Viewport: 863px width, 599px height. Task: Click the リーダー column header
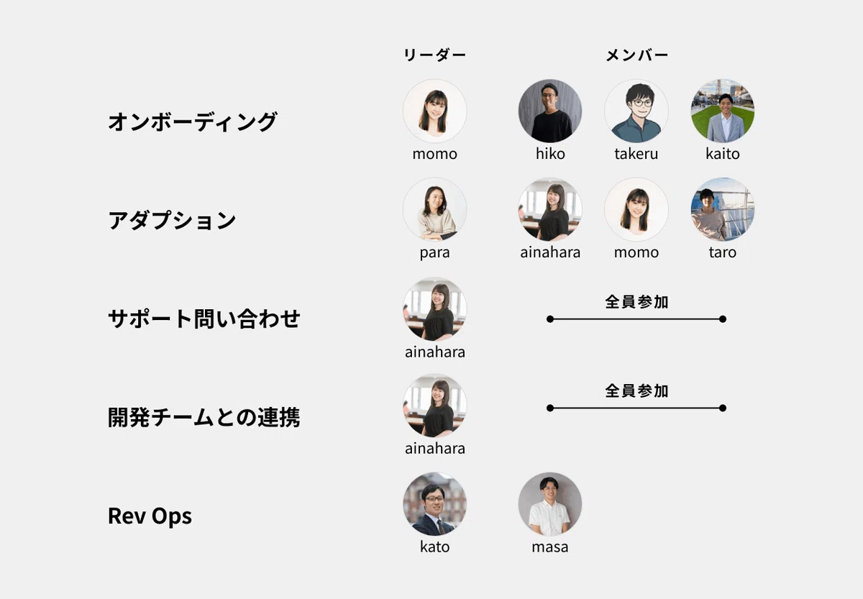(434, 55)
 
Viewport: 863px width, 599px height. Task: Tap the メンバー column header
(636, 55)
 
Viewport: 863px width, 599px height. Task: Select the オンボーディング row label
(192, 122)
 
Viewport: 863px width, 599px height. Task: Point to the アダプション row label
(172, 220)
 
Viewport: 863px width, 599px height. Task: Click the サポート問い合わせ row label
(204, 319)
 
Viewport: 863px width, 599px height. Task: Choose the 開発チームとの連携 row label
(204, 418)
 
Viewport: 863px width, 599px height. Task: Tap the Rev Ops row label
(150, 516)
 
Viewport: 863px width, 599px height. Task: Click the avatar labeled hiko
(550, 111)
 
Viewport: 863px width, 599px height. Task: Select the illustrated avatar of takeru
(636, 111)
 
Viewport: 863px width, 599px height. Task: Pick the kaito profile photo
(723, 111)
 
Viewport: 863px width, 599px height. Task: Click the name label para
(434, 253)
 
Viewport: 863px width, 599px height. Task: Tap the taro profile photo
(723, 209)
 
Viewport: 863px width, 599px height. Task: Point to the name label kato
(434, 547)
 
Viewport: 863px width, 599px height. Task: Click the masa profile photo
(550, 504)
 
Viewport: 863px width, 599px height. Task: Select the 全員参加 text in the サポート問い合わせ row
(636, 302)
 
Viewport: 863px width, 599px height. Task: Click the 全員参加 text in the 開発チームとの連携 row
(636, 391)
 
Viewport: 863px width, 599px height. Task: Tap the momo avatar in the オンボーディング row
(435, 111)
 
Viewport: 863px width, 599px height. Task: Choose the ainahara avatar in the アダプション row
(550, 209)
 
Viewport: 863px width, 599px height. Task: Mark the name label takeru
(636, 154)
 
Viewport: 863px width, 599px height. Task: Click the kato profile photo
(435, 504)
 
